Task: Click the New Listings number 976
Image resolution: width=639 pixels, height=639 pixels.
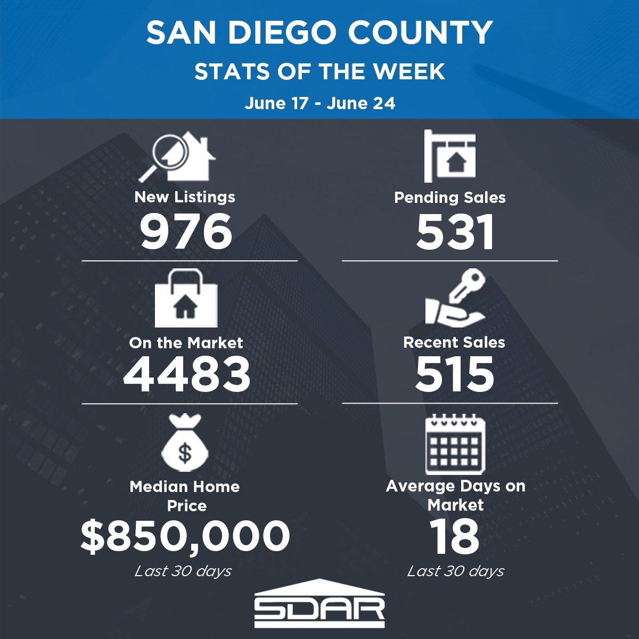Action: pos(186,232)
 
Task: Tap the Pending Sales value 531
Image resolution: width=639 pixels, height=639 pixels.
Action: pos(455,233)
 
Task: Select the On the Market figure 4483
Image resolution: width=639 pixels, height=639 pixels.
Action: pos(187,374)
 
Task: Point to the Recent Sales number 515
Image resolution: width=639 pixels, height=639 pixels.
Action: pos(455,374)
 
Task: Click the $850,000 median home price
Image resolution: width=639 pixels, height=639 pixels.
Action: pos(185,536)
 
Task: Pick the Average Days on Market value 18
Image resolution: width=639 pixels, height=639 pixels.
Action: pos(455,536)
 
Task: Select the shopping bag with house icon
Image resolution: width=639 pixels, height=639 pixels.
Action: pos(186,299)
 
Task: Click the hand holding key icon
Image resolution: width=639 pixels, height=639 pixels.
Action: pos(455,298)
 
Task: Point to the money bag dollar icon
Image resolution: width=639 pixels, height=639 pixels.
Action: pos(185,445)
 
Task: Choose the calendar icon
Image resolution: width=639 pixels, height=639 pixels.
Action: pos(455,445)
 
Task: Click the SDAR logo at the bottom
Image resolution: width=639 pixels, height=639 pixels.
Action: pos(319,604)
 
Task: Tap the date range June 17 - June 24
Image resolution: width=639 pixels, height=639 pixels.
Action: pos(319,103)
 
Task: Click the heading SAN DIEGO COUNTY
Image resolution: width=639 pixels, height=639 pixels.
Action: pos(319,33)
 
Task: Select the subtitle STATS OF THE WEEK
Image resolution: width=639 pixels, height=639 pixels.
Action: pos(319,71)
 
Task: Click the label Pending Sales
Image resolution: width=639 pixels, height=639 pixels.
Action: pos(449,198)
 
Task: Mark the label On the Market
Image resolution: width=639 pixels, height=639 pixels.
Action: pos(186,342)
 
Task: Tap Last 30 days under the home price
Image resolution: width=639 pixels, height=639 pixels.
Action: pos(183,571)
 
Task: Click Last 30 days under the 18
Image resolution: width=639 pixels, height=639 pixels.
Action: pos(456,571)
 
